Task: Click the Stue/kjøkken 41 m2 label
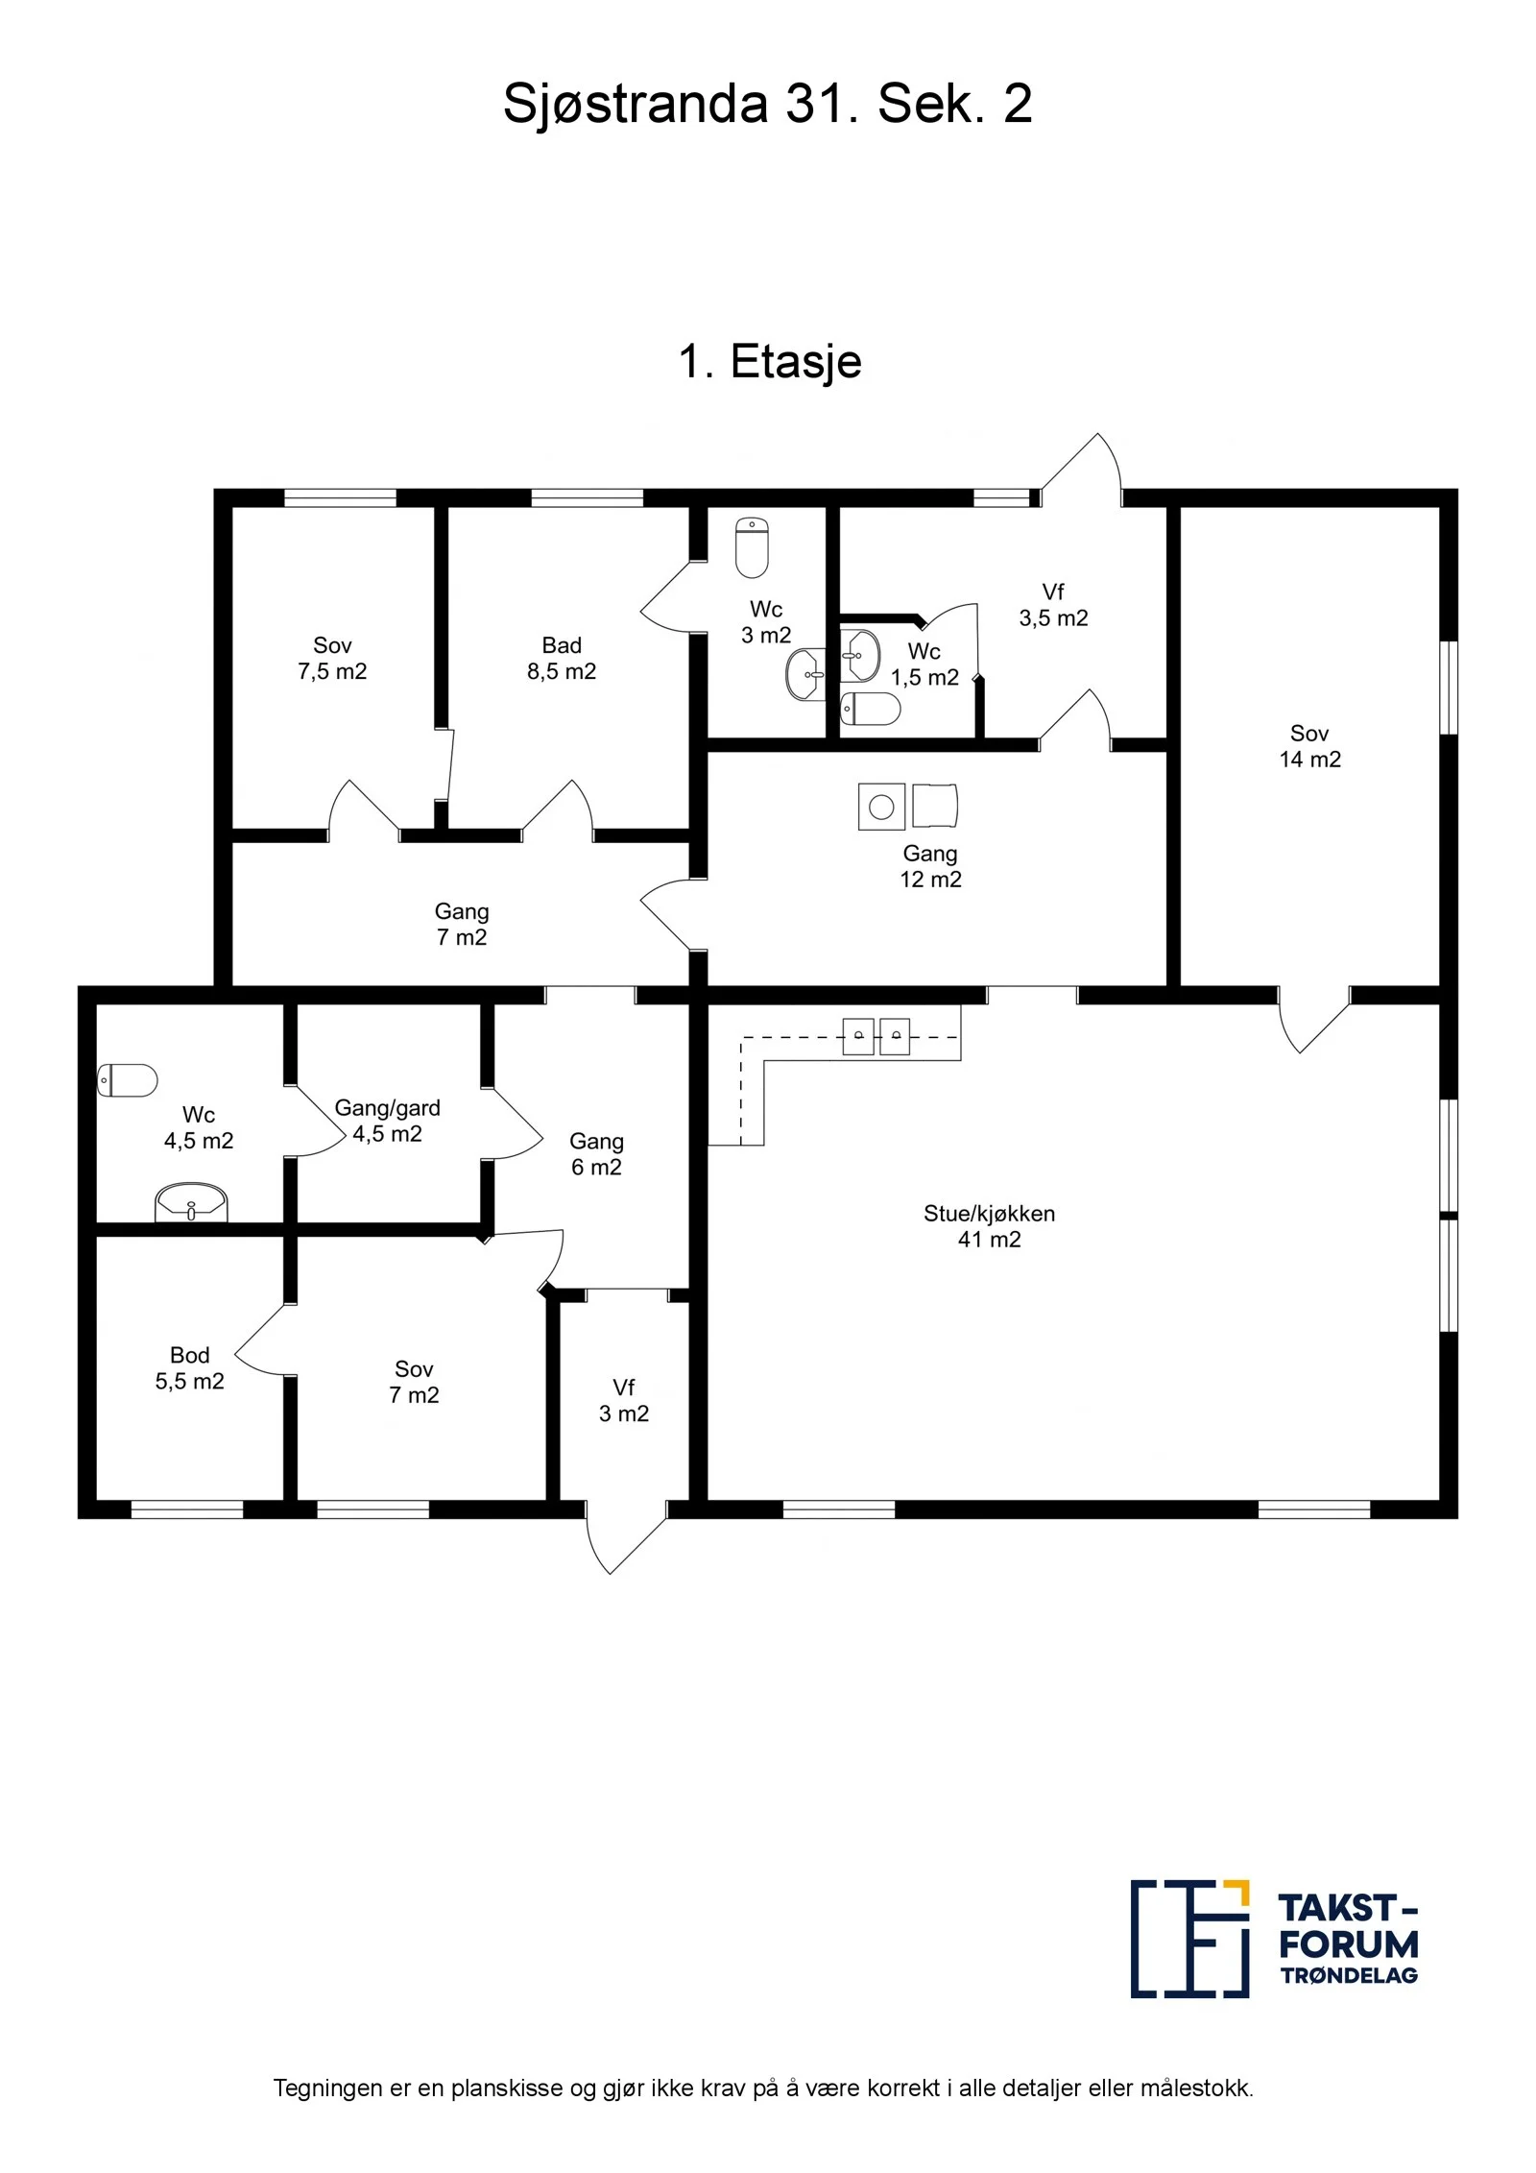point(989,1226)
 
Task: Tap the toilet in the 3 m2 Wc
point(752,547)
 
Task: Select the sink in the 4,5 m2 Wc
point(191,1202)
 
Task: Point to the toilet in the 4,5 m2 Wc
point(128,1080)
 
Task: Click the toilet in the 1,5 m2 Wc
point(871,709)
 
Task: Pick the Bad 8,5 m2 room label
point(562,659)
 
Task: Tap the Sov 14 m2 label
point(1309,746)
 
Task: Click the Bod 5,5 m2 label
point(190,1368)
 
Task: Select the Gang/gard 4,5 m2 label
point(387,1121)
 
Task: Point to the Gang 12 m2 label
point(930,866)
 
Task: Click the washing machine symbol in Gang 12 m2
point(881,807)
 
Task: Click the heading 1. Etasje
point(770,362)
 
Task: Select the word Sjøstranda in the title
point(636,104)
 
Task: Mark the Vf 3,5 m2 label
point(1053,605)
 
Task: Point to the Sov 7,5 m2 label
point(332,659)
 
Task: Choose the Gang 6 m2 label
point(596,1154)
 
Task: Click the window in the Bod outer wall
point(187,1509)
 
